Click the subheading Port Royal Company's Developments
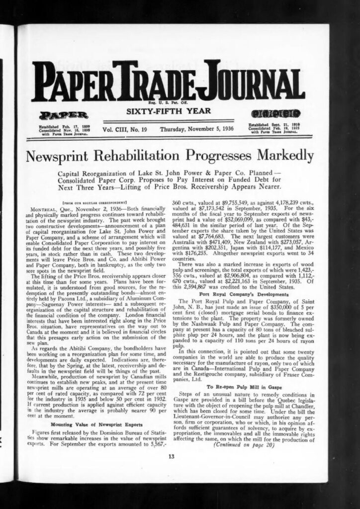(x=238, y=294)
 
